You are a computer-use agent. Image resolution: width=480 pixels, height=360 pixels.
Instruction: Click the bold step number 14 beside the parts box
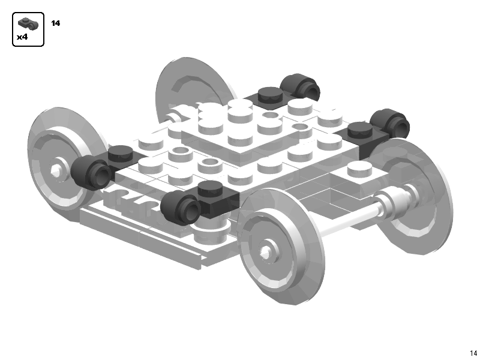56,23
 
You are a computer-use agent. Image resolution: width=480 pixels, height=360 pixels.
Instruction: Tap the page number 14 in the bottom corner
473,353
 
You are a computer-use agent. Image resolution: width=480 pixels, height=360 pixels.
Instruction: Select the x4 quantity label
22,37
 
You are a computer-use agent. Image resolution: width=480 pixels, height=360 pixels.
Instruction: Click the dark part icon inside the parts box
28,24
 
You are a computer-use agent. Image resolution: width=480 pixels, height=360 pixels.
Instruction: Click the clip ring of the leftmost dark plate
89,172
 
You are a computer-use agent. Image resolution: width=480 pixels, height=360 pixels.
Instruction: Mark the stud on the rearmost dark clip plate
269,94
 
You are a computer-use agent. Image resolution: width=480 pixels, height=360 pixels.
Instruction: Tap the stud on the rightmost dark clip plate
358,128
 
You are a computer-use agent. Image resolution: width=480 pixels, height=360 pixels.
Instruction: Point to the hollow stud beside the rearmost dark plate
270,115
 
